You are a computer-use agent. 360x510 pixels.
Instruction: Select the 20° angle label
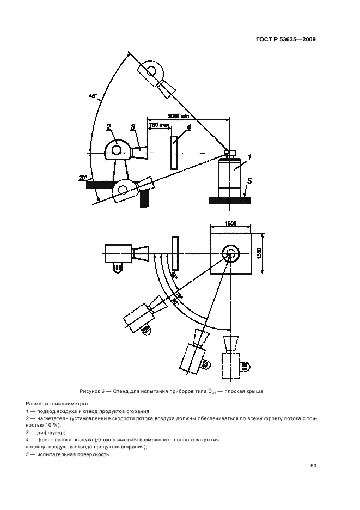[82, 178]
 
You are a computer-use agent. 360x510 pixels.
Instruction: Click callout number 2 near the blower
[109, 126]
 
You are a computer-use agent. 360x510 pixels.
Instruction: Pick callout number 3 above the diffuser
[132, 127]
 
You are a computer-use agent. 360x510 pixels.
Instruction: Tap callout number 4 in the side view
[188, 127]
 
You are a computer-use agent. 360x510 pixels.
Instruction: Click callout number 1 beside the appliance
[248, 157]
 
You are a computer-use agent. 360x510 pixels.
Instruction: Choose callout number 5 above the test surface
[249, 180]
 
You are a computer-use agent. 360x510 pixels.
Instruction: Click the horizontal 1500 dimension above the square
[230, 223]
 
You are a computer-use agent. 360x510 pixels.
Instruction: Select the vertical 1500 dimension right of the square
[260, 254]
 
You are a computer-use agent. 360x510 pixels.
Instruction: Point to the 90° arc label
[175, 300]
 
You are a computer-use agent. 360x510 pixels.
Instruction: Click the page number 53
[313, 466]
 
